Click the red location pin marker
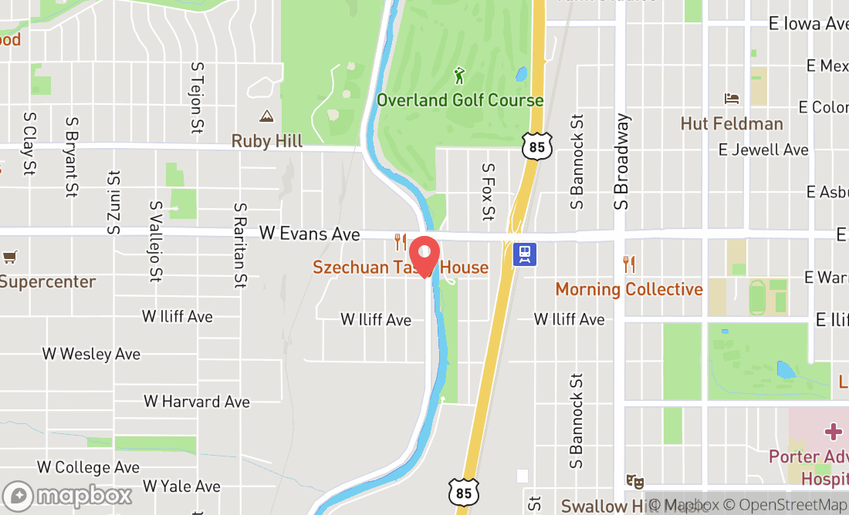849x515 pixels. coord(424,256)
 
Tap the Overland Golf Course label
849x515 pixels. coord(460,100)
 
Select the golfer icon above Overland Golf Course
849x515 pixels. coord(460,76)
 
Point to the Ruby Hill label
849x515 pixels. coord(267,141)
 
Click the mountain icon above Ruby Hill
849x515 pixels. coord(266,116)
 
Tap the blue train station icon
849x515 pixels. coord(526,254)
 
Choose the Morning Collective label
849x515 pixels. coord(629,289)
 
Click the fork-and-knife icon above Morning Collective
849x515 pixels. coord(630,264)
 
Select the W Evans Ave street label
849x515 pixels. coord(309,233)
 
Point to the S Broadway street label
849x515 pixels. coord(623,162)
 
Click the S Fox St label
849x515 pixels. coord(487,191)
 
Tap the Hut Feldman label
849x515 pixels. coord(732,123)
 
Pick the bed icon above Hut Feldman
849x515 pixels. coord(731,99)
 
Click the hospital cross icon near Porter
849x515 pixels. coord(833,432)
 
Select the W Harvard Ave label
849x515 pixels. coord(197,402)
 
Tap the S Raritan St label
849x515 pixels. coord(241,244)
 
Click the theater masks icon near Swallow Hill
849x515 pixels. coord(635,481)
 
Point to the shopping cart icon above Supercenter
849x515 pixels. coord(9,257)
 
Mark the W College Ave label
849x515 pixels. coord(89,467)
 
